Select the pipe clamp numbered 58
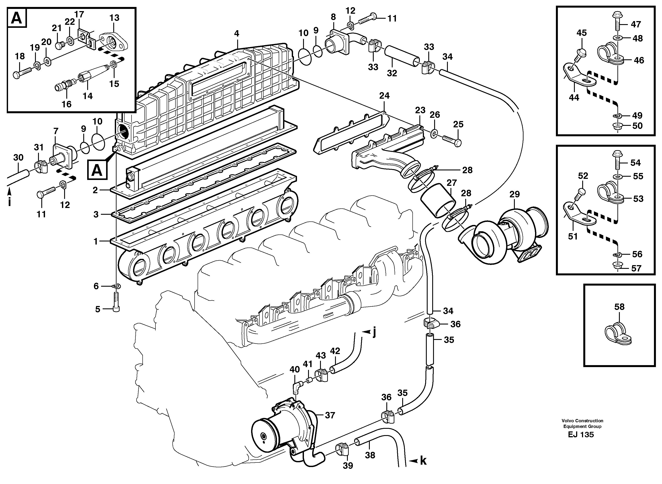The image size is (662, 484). [x=617, y=334]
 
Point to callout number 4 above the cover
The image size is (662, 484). [x=237, y=33]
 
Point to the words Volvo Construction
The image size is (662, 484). [x=582, y=421]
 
